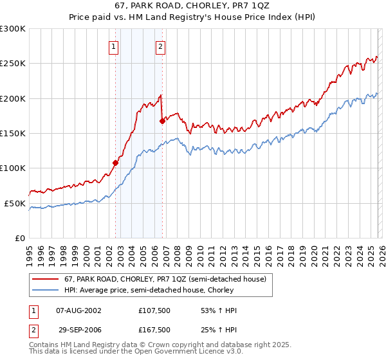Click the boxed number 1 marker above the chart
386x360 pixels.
pyautogui.click(x=114, y=46)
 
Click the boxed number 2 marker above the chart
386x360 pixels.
pyautogui.click(x=160, y=46)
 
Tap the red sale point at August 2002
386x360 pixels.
pyautogui.click(x=115, y=163)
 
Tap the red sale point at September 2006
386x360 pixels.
pyautogui.click(x=162, y=120)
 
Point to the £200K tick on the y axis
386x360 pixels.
pyautogui.click(x=13, y=98)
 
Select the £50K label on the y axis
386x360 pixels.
pyautogui.click(x=15, y=203)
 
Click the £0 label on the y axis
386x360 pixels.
pyautogui.click(x=20, y=238)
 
